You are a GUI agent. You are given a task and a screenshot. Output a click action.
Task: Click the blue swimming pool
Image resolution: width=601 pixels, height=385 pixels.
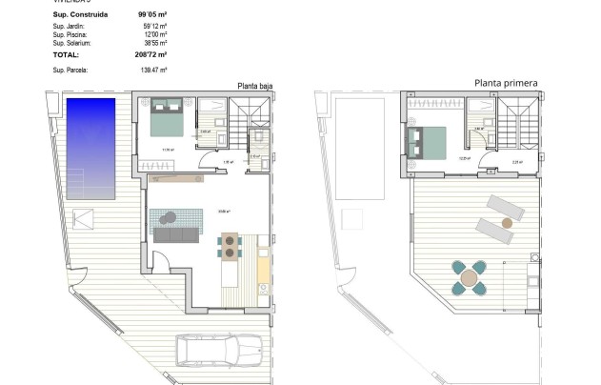[x=90, y=148]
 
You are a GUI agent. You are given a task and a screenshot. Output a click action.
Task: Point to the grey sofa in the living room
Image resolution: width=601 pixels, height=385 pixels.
[x=177, y=234]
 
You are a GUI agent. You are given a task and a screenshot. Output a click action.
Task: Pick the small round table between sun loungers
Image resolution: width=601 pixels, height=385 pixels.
[x=507, y=222]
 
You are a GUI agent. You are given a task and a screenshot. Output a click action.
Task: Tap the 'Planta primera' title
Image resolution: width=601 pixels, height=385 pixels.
[x=506, y=84]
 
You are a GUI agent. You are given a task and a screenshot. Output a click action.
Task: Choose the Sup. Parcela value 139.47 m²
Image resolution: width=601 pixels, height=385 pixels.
[x=153, y=70]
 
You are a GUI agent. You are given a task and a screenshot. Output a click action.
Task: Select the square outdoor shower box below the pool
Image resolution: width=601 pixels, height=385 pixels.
[x=84, y=219]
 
